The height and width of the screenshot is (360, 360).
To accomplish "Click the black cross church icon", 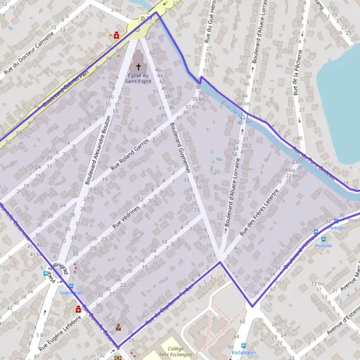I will coord(139,67).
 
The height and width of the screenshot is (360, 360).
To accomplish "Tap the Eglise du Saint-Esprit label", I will coord(139,79).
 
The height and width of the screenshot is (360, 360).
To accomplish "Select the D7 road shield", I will coord(143,19).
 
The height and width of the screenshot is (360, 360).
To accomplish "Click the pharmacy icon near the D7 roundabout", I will coord(116,35).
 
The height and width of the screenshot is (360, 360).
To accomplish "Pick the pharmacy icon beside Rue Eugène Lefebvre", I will coord(78,309).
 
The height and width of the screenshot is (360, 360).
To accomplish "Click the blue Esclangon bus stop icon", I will coord(244,345).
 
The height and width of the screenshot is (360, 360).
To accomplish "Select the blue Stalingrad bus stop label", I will coord(71,293).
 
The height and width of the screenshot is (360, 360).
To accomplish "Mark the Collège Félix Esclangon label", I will coord(175,352).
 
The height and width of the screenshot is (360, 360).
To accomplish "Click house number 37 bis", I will coord(191,106).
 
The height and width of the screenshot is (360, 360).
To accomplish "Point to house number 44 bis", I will coord(242,104).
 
